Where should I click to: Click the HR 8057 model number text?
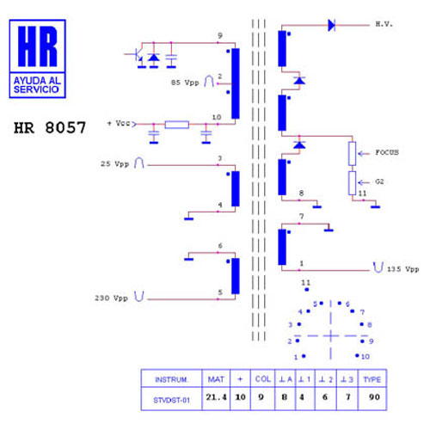point(50,127)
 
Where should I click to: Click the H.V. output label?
point(384,24)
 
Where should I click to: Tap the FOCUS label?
point(387,152)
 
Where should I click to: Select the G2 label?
point(379,181)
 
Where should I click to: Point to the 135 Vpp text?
point(403,269)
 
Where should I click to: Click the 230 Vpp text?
point(111,298)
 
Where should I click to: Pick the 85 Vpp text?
point(185,83)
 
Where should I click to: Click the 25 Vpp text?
point(114,164)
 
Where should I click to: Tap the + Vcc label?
point(119,123)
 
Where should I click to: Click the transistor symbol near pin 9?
point(137,56)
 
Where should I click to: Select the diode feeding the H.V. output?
point(332,25)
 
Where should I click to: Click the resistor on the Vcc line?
point(177,125)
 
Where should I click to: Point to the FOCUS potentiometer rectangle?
point(353,154)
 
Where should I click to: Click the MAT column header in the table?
point(216,379)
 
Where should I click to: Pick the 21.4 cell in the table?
point(216,397)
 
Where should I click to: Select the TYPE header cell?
point(372,379)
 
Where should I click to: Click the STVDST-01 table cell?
point(171,400)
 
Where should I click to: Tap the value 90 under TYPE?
point(374,397)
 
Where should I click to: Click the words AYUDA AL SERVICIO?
point(37,85)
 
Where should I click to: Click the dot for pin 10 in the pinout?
point(357,355)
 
